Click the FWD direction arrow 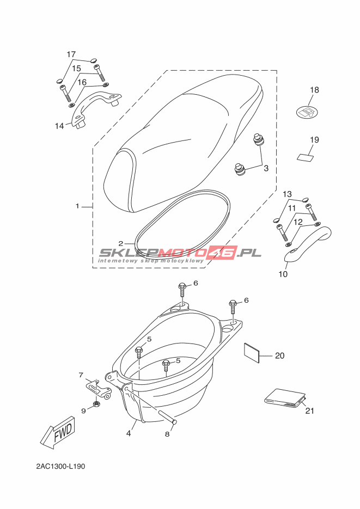point(58,432)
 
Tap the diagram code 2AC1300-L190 point(60,467)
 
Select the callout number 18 point(314,90)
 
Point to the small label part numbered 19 point(306,157)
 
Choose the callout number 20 point(279,356)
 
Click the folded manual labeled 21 point(285,398)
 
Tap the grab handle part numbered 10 point(308,248)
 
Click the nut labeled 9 point(96,404)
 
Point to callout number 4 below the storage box point(129,433)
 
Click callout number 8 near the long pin point(167,434)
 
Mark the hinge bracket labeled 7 point(99,389)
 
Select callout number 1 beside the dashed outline point(77,206)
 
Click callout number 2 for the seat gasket point(121,243)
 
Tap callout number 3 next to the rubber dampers point(266,168)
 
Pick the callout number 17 point(71,54)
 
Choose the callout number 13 point(287,194)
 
